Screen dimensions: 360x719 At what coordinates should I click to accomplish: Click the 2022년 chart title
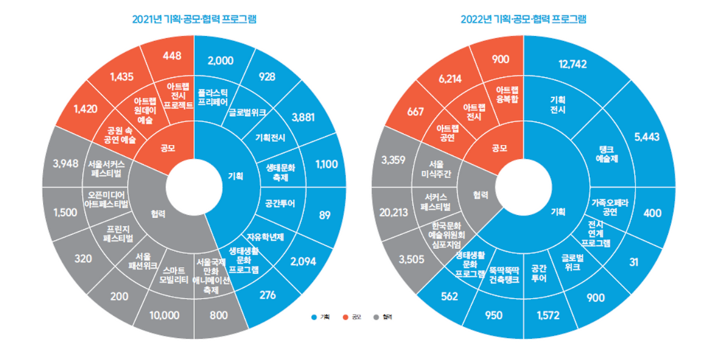pos(523,19)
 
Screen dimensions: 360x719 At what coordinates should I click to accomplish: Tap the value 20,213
pos(394,213)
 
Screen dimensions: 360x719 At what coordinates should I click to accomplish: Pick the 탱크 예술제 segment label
pos(606,153)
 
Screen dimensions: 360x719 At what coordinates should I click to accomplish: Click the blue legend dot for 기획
pos(313,317)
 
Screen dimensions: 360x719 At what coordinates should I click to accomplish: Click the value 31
pos(634,262)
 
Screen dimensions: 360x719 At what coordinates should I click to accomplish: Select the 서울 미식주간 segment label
pos(436,168)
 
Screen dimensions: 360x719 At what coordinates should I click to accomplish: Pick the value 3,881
pos(304,117)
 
